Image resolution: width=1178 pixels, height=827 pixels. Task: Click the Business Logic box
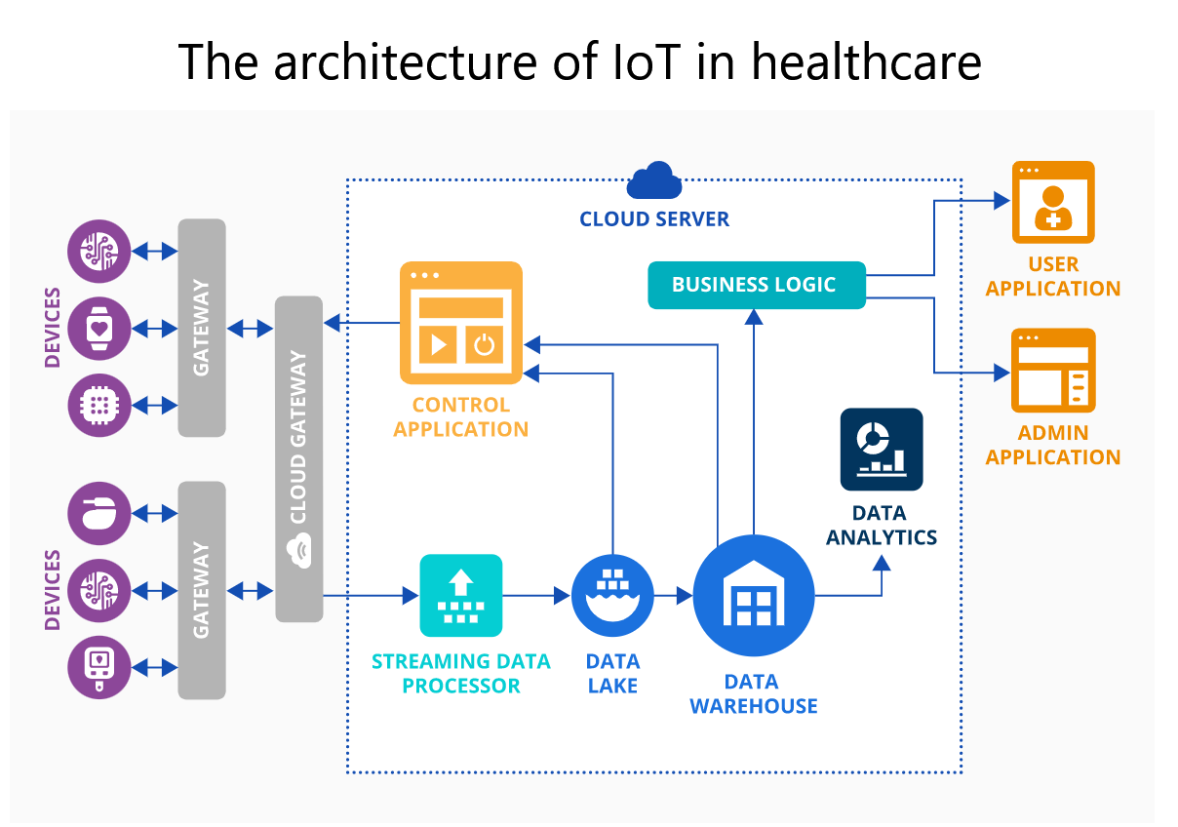(757, 285)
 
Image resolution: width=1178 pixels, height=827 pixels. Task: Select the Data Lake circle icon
(611, 594)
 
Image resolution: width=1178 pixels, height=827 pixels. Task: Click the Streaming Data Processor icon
(460, 595)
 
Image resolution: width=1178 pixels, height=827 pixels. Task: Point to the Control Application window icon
(460, 323)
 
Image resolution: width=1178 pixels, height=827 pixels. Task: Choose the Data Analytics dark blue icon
(881, 449)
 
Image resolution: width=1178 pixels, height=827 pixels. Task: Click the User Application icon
(1053, 202)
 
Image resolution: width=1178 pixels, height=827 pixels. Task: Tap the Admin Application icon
(1053, 371)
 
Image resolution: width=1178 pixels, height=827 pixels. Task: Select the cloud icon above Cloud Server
(654, 181)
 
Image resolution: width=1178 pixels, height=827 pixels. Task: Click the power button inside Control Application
(484, 344)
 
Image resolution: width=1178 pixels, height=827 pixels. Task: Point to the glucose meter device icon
(98, 667)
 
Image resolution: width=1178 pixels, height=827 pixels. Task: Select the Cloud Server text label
(654, 219)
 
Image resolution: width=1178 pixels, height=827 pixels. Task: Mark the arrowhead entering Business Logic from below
(753, 316)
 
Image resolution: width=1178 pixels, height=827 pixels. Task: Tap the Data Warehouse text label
(753, 693)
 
